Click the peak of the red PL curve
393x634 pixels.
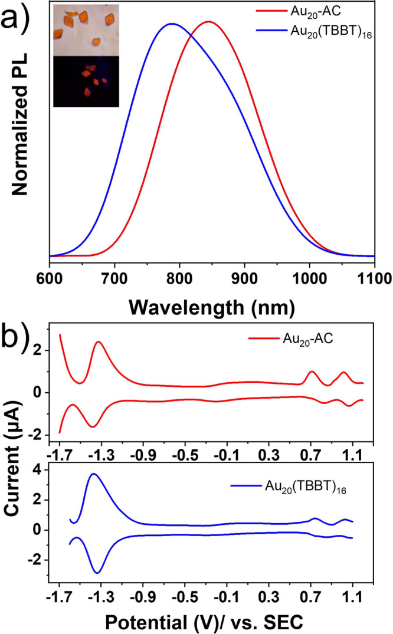208,22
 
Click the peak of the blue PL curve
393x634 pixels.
171,24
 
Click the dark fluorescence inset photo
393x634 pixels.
86,81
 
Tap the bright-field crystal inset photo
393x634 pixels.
86,29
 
